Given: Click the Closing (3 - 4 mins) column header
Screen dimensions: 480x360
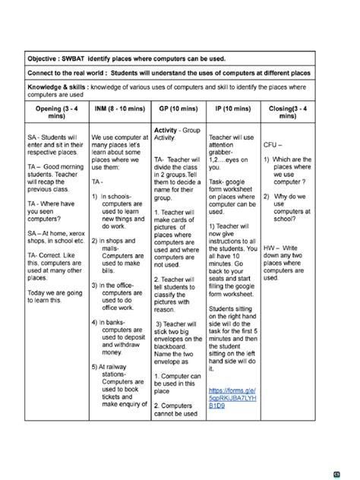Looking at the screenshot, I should point(288,114).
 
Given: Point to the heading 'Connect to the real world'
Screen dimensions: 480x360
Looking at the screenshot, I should point(69,74).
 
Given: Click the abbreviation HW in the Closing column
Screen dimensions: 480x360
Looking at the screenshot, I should point(270,248).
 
